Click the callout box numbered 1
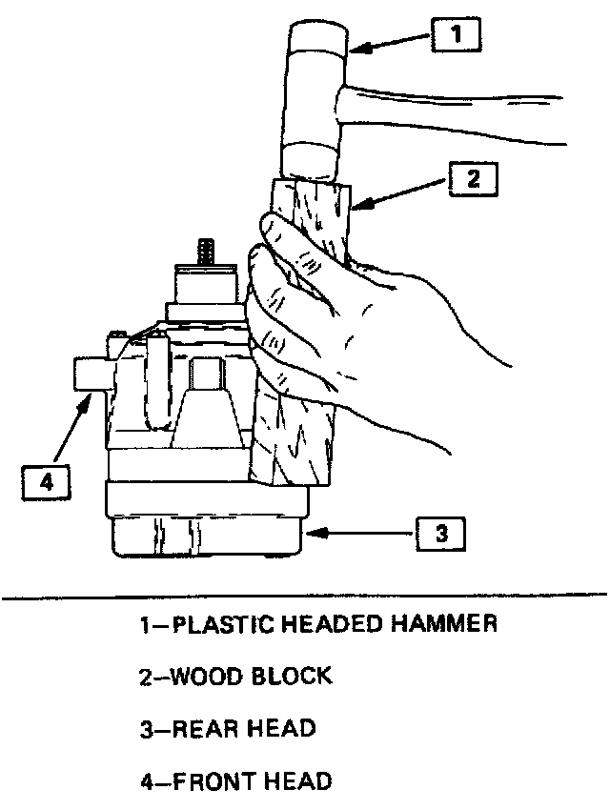coord(457,37)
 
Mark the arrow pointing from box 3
coord(362,534)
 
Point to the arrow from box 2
coord(396,193)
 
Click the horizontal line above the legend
coord(305,599)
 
